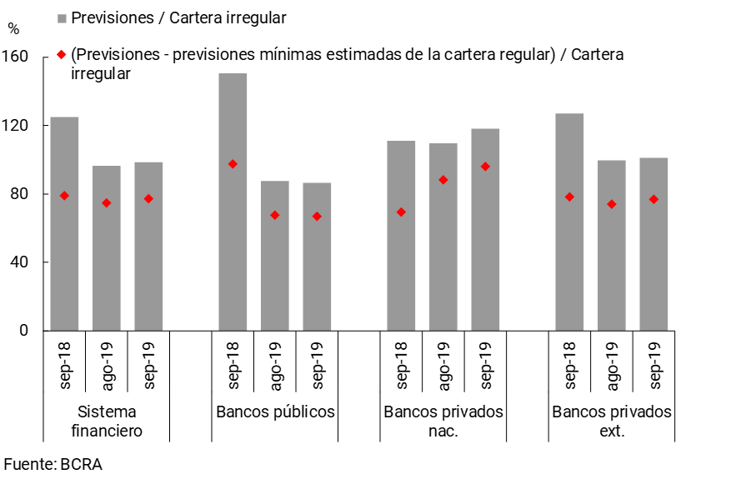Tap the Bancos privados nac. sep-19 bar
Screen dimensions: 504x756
(x=485, y=229)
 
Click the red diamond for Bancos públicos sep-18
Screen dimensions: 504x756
(x=233, y=164)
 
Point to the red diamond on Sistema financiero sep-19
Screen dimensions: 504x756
(x=148, y=198)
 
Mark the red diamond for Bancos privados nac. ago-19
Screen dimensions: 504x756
(x=443, y=180)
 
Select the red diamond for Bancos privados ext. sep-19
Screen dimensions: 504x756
(x=653, y=199)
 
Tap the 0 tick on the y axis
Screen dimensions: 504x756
(x=24, y=331)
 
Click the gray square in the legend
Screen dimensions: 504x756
(x=62, y=17)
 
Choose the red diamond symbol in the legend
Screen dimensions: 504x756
(x=62, y=55)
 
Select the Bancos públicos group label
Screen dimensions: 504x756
(x=275, y=412)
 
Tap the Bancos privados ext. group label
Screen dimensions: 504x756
(x=611, y=422)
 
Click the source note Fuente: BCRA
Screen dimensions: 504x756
(x=53, y=465)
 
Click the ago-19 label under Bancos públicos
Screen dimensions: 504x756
(x=276, y=364)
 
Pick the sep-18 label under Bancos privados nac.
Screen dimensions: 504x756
(x=402, y=364)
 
